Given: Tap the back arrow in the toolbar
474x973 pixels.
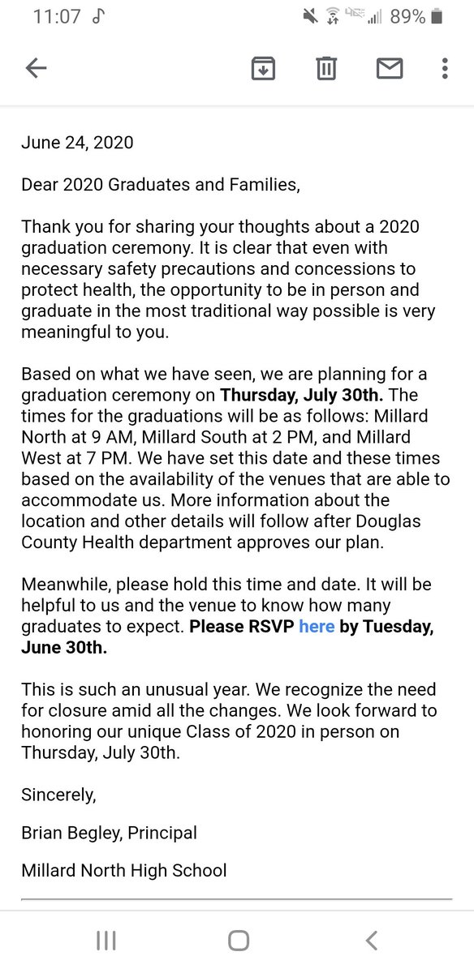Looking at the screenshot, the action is coord(37,69).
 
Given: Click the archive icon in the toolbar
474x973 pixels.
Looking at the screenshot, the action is coord(262,69).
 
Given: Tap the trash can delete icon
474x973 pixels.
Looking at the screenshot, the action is coord(326,69).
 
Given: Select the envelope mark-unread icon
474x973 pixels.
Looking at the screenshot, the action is coord(390,69).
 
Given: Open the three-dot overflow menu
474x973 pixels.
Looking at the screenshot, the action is coord(445,69).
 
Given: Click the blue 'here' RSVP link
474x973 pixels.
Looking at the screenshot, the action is coord(317,627).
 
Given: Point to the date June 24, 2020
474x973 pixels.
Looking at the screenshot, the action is coord(77,143).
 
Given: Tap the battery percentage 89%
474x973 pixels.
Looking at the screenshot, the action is coord(407,16).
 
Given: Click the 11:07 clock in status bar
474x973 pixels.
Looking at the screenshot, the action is coord(56,16).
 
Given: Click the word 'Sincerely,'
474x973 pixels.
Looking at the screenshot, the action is coord(58,795).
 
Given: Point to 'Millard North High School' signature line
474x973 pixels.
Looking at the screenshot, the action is coord(124,871).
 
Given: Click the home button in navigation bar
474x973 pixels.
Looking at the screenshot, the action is coord(238,941).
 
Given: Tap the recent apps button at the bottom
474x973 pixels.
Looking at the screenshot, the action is coord(106,941).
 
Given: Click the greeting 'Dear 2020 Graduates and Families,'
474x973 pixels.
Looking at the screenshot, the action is coord(161,185).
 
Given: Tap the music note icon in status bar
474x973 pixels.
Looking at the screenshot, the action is coord(99,16).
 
